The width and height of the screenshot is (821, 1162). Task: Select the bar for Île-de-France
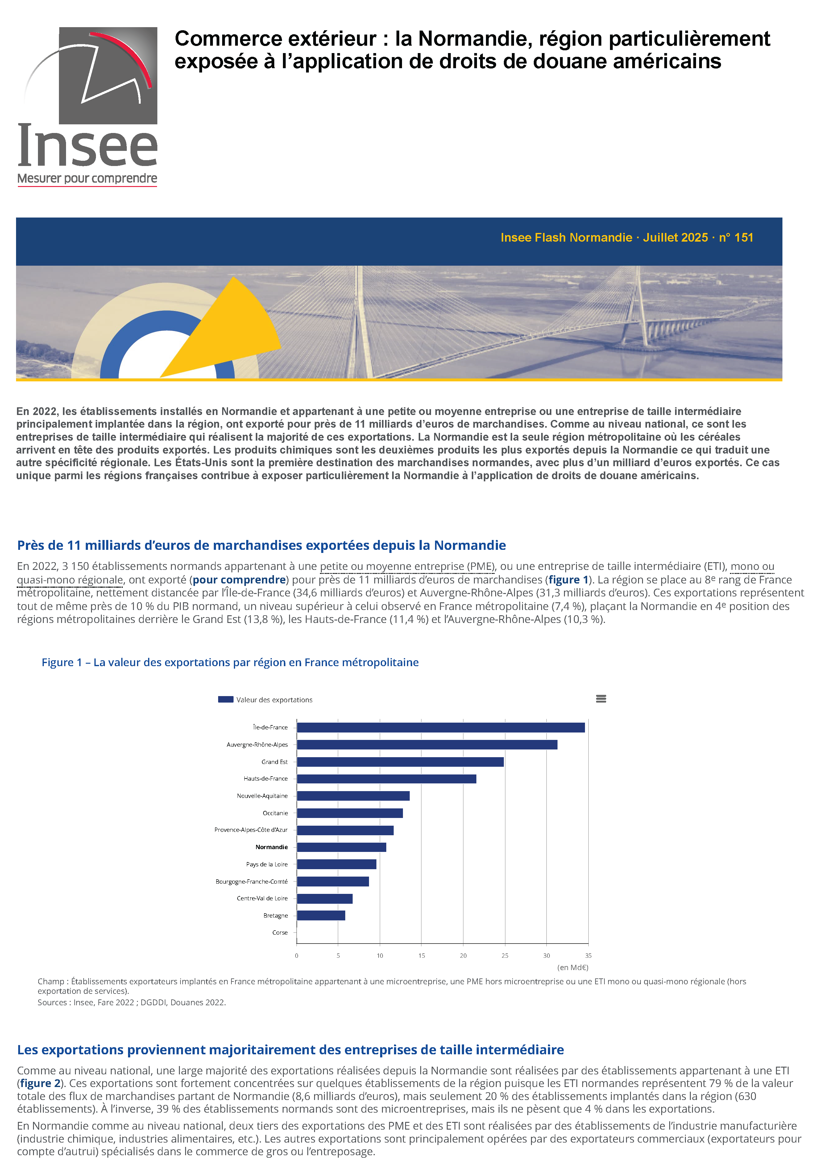coord(440,727)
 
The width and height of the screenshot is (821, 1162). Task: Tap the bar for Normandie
coord(341,847)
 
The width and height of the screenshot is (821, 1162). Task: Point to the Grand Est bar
coord(400,762)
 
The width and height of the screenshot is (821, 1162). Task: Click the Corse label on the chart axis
coord(280,933)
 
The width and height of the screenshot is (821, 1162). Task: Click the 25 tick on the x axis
coord(505,956)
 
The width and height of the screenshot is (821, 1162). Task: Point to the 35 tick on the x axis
coord(588,956)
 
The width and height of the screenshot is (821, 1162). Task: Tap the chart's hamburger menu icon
coord(601,699)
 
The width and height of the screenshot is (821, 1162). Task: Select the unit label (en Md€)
coord(572,968)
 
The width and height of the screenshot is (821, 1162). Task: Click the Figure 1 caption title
coord(230,662)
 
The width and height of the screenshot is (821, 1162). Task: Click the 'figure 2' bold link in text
coord(40,1084)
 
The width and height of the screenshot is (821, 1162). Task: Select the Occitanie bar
coord(349,813)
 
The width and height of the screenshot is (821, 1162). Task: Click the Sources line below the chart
coord(132,1002)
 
